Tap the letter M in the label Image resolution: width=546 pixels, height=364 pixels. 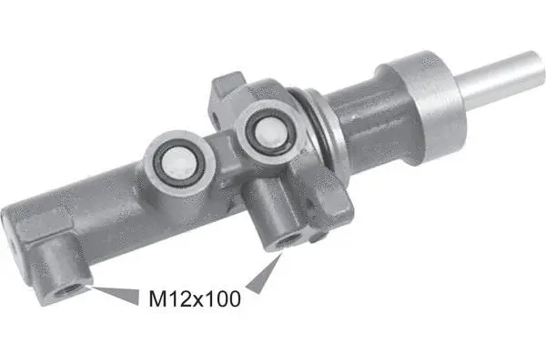156,297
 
